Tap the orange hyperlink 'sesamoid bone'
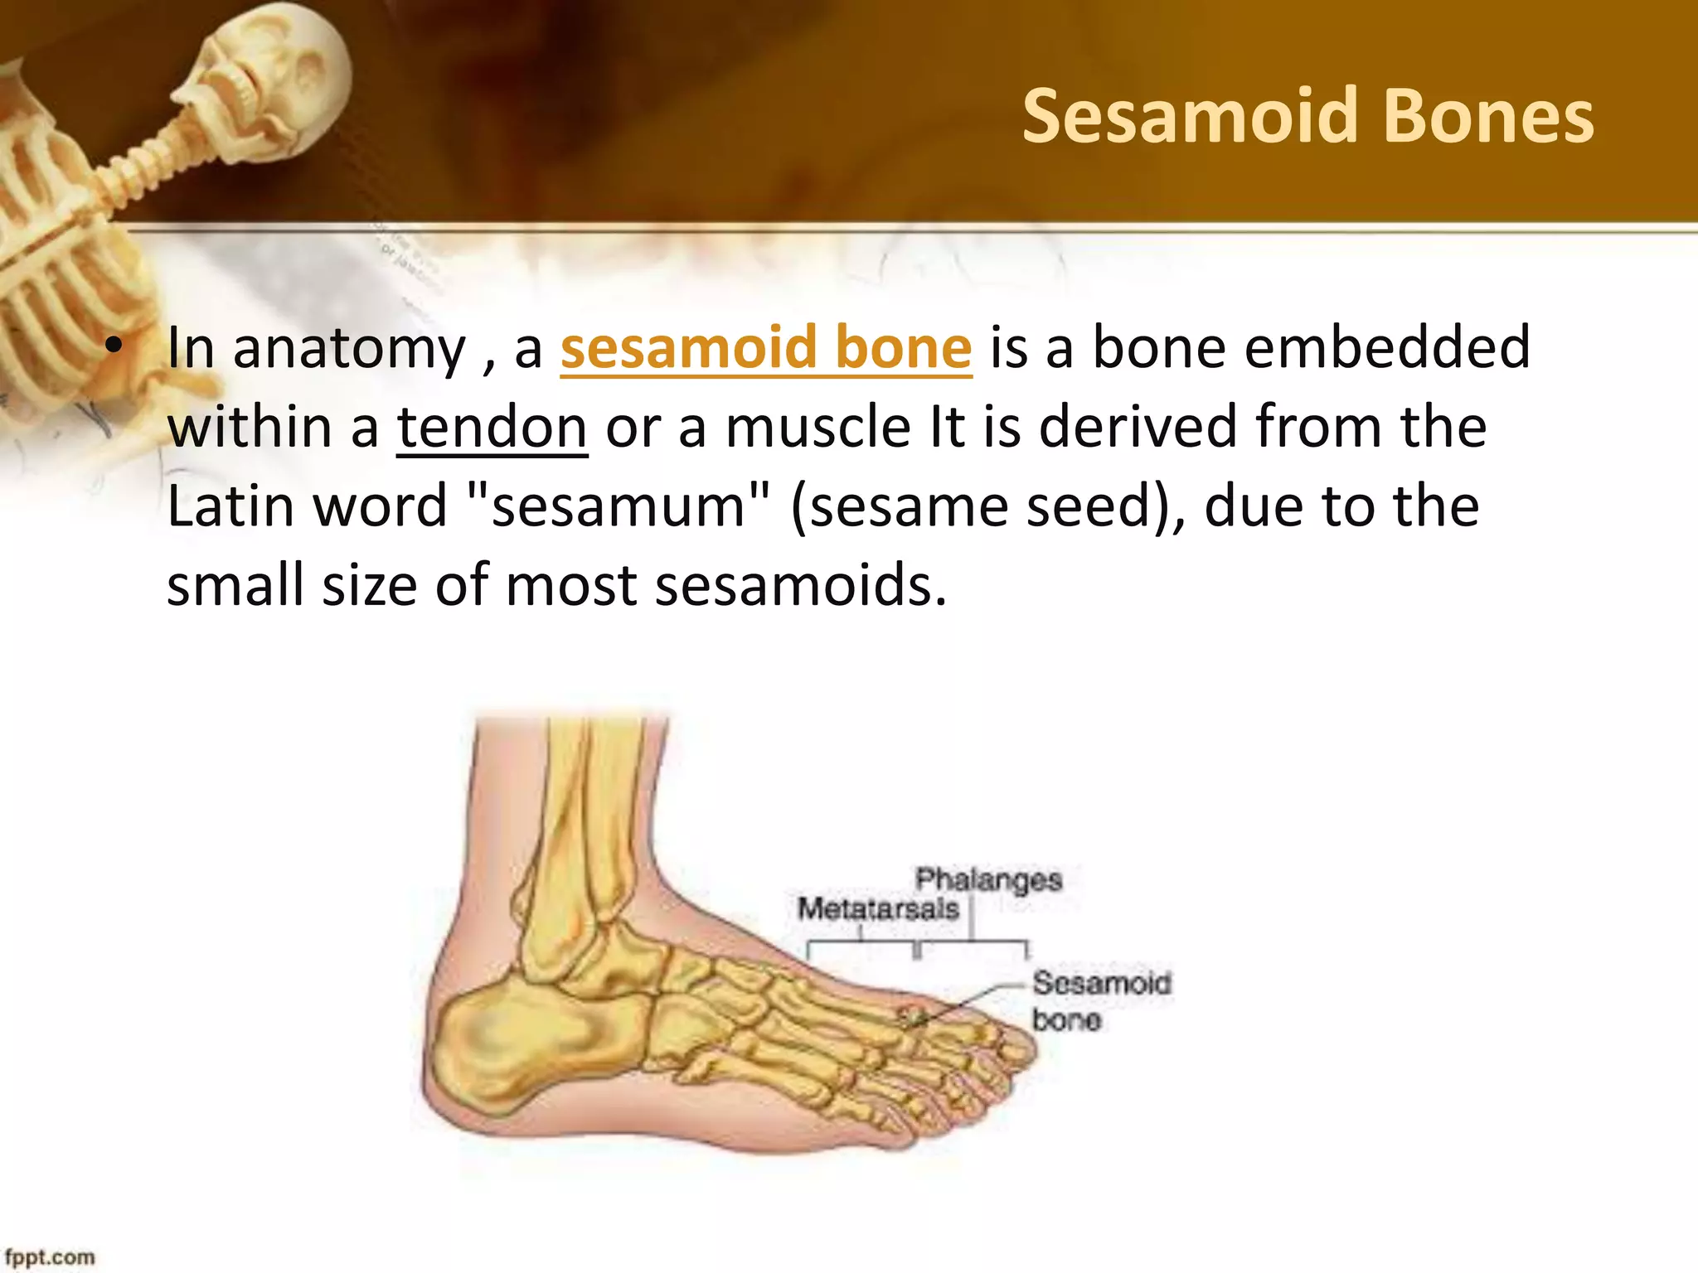coord(766,348)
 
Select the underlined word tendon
coord(492,427)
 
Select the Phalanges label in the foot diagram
coord(988,879)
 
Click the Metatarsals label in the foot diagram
coord(878,909)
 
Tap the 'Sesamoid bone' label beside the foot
coord(1100,1001)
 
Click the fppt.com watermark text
coord(50,1257)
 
